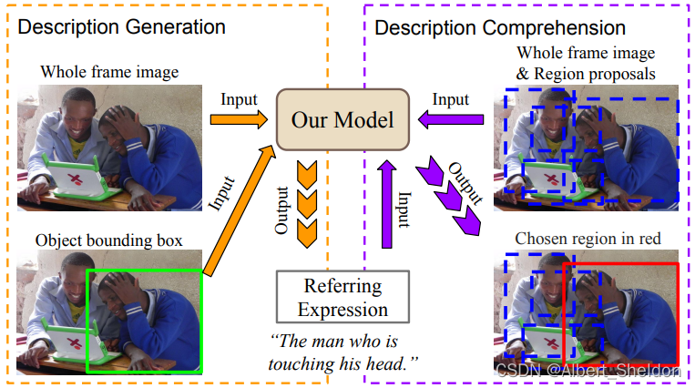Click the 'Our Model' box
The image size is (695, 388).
pos(342,119)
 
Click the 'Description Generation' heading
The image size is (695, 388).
pos(121,27)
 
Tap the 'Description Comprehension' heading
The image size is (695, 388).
pos(500,28)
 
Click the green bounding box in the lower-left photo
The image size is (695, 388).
pos(144,321)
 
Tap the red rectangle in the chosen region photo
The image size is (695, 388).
pos(621,311)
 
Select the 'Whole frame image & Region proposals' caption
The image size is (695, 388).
pos(586,62)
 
